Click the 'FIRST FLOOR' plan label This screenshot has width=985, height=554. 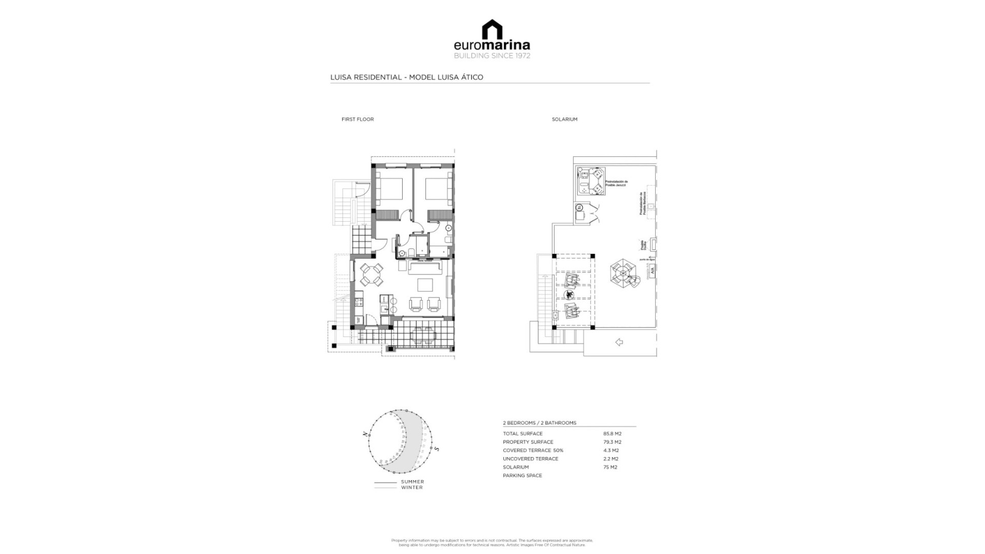coord(358,119)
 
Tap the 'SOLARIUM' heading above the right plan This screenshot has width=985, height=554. coord(564,119)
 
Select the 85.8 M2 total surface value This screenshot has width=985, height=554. coord(612,433)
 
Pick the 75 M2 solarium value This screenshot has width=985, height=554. coord(610,467)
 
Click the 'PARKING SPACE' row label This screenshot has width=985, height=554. coord(522,476)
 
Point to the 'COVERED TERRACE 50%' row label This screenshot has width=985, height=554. coord(533,450)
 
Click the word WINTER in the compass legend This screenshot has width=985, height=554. coord(412,487)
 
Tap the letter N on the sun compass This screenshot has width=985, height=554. coord(365,434)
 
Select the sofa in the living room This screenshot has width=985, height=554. coord(424,268)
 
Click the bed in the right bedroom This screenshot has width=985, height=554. coord(437,188)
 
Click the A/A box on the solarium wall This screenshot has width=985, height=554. coord(652,270)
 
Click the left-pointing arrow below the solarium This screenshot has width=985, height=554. coord(619,342)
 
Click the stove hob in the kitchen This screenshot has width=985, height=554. coord(358,301)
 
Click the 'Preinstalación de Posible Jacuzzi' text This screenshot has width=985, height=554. coord(617,183)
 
